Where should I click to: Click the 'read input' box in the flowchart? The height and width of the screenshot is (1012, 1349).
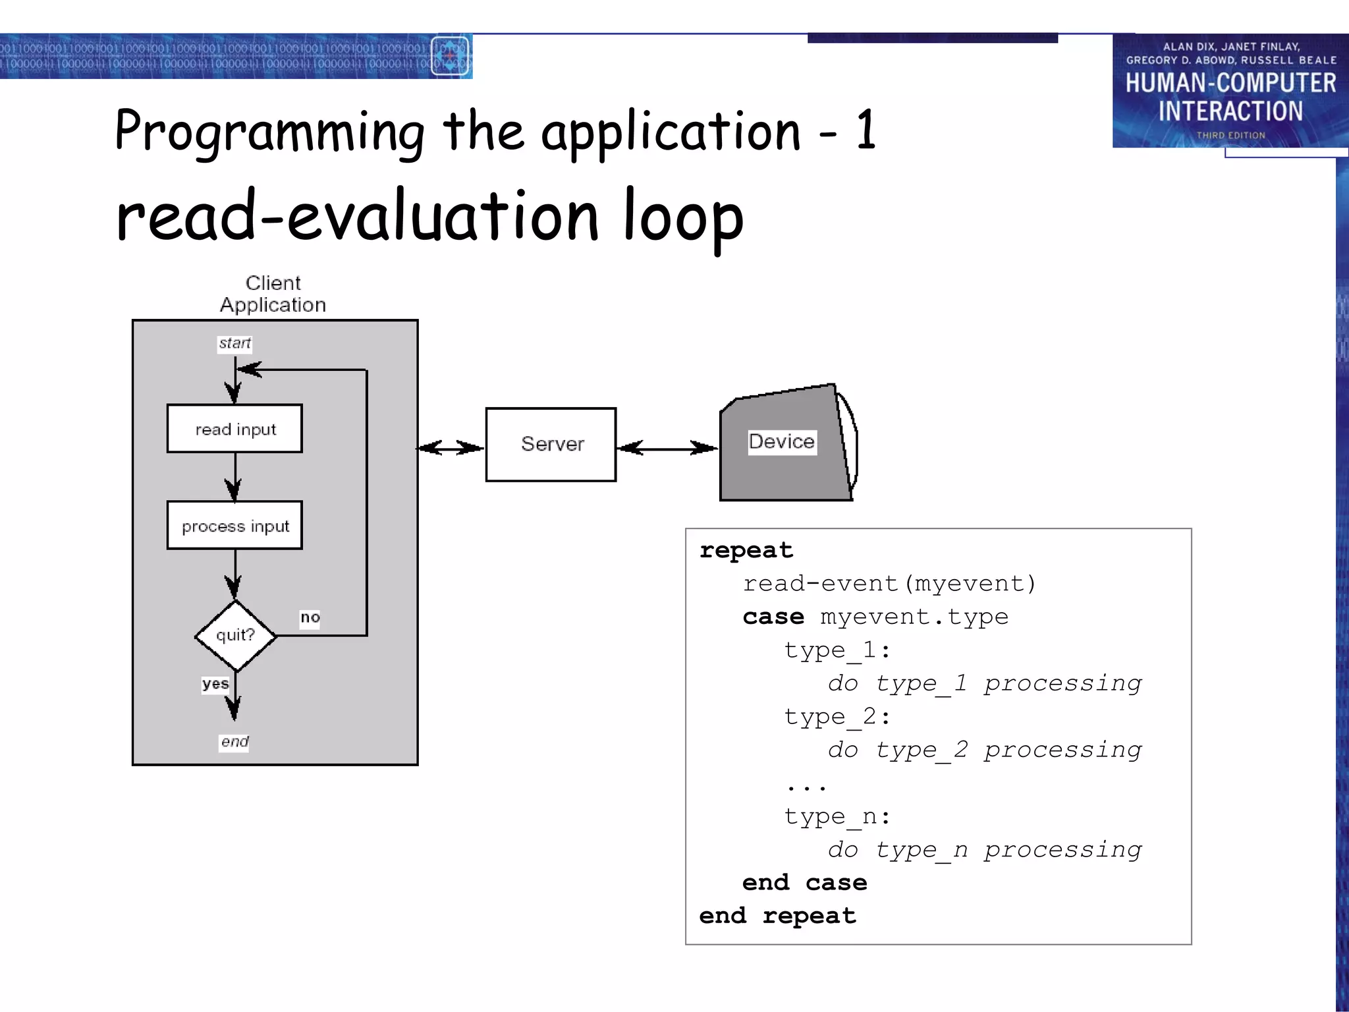click(234, 429)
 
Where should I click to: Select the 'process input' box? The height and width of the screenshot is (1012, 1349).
click(234, 526)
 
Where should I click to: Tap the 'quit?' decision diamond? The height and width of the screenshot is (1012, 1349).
click(235, 635)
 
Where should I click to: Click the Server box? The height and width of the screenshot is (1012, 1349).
click(551, 445)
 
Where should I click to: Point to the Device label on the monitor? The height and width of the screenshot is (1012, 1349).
click(782, 441)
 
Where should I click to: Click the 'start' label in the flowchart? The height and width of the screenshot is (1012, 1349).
click(234, 343)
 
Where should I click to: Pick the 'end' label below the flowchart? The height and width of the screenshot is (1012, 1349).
click(234, 742)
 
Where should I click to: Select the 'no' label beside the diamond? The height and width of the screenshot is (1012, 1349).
click(310, 618)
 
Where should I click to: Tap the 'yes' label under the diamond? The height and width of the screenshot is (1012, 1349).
click(215, 684)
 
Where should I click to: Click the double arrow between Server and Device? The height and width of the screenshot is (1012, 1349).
click(668, 449)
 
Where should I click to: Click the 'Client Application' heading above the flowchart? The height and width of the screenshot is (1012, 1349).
click(273, 294)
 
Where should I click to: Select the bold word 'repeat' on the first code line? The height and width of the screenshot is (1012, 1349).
click(746, 550)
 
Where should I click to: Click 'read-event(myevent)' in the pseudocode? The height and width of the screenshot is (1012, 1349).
click(889, 584)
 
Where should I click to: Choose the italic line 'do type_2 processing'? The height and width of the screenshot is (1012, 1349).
click(985, 750)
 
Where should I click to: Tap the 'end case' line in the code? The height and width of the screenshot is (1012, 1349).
click(804, 883)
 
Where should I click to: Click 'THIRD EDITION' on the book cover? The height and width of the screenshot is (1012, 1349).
click(1230, 135)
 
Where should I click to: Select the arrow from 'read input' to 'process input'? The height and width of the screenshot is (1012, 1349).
click(235, 477)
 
